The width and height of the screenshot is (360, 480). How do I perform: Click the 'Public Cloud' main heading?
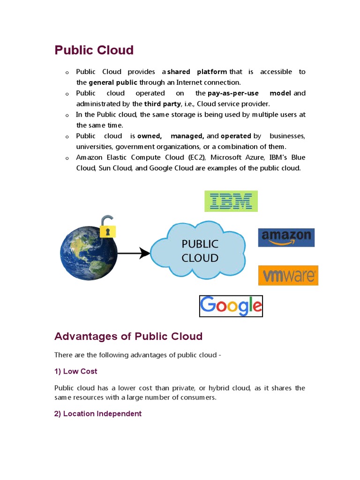coord(94,50)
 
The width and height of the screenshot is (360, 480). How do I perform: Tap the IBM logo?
coord(231,201)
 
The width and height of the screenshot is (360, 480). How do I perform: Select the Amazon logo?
coord(286,237)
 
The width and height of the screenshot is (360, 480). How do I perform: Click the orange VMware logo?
coord(288,275)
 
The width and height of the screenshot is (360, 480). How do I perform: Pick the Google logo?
coord(231,306)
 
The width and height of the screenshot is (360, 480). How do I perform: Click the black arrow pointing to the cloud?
coord(133,254)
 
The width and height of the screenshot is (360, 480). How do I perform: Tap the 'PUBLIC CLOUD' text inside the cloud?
coord(200,251)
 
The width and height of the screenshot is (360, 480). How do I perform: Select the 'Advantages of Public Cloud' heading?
coord(128,336)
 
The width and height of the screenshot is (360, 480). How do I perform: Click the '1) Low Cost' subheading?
coord(75,371)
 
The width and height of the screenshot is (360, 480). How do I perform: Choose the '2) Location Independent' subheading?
coord(97,414)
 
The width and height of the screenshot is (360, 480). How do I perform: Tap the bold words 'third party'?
coord(162,104)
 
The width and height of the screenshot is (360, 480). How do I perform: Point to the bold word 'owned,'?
coord(150,136)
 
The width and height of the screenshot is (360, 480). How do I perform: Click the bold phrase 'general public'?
coord(113,82)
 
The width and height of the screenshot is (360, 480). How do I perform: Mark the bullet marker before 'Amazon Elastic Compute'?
coord(67,158)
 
